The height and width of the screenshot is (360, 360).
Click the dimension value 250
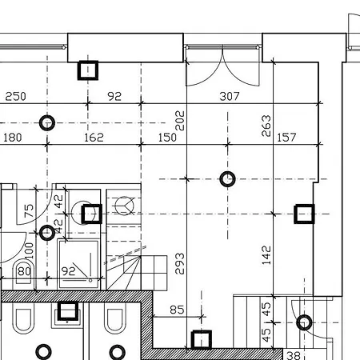pyautogui.click(x=16, y=97)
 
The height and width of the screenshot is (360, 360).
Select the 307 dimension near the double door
pyautogui.click(x=230, y=97)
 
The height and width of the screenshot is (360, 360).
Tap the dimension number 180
pyautogui.click(x=12, y=138)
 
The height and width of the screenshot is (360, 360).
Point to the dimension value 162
pyautogui.click(x=93, y=138)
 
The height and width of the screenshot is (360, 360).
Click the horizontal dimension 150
pyautogui.click(x=166, y=138)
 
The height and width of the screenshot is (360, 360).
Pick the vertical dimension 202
pyautogui.click(x=179, y=120)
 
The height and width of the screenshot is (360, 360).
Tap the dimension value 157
pyautogui.click(x=286, y=138)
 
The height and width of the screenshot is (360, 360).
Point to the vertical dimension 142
pyautogui.click(x=266, y=254)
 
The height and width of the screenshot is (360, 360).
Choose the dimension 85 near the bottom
pyautogui.click(x=177, y=310)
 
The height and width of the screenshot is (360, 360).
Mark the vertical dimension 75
pyautogui.click(x=29, y=212)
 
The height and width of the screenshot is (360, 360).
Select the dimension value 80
pyautogui.click(x=24, y=271)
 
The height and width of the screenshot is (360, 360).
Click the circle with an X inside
pyautogui.click(x=126, y=206)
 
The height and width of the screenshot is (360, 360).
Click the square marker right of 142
pyautogui.click(x=304, y=214)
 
